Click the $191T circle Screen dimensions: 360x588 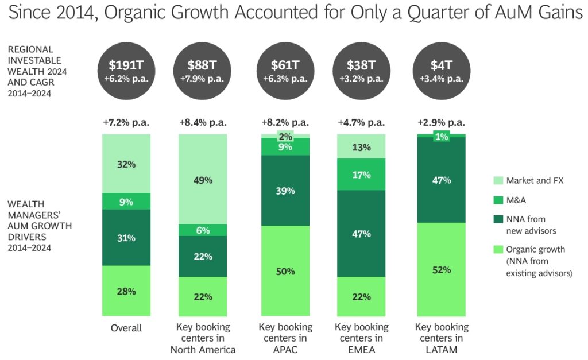(126, 71)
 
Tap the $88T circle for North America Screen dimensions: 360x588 (203, 71)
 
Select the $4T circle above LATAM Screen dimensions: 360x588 (442, 71)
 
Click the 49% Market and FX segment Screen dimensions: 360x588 (203, 179)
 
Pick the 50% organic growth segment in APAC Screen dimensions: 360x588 (285, 270)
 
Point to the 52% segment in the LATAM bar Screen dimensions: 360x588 (442, 269)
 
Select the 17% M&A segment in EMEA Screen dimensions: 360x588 (361, 175)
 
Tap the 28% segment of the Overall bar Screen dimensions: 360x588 (126, 291)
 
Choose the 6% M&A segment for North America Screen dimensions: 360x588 (203, 230)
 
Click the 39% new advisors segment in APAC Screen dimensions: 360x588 (285, 190)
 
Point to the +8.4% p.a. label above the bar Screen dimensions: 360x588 (203, 122)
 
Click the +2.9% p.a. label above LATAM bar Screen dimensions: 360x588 (442, 122)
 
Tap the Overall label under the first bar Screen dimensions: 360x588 (126, 328)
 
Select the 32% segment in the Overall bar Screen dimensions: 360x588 (126, 164)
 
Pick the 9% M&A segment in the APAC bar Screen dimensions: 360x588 (285, 147)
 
